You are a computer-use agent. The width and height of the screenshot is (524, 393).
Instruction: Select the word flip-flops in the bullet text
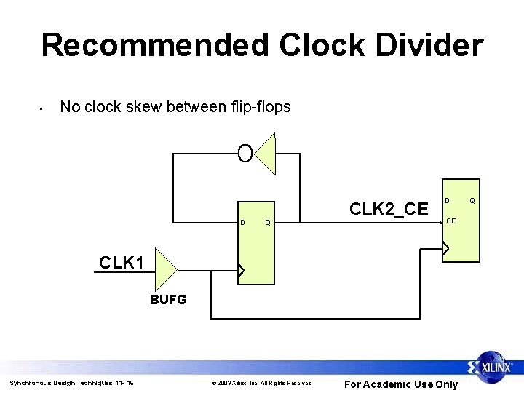coord(255,107)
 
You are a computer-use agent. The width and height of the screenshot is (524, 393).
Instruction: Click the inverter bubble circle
coord(245,153)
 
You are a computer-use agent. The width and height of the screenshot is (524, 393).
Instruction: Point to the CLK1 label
coord(122,261)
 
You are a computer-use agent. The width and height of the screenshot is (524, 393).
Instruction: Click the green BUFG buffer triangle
coord(165,270)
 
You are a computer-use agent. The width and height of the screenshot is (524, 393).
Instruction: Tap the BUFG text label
coord(168,299)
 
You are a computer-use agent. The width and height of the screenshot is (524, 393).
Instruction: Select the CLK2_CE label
coord(389,209)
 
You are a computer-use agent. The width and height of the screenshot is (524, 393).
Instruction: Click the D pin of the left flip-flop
coord(242,222)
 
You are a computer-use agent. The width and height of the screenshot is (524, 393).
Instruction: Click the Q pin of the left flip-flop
coord(267,222)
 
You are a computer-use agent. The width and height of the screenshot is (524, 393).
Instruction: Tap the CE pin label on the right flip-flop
coord(451,221)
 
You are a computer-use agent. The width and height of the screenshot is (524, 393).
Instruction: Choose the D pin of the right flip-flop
coord(448,199)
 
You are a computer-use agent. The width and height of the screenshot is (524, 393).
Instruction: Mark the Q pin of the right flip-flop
coord(472,199)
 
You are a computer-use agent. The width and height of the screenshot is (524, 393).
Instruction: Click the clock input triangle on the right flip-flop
coord(446,248)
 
